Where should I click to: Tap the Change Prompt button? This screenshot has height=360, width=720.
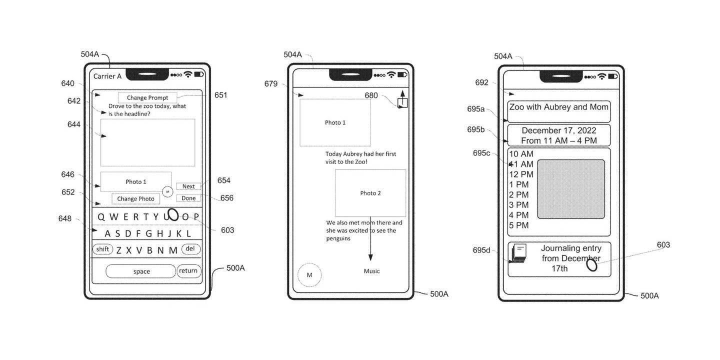pyautogui.click(x=147, y=97)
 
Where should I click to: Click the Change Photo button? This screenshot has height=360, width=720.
pyautogui.click(x=135, y=198)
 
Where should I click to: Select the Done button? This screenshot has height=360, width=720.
pyautogui.click(x=188, y=198)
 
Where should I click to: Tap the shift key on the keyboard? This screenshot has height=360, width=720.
pyautogui.click(x=102, y=249)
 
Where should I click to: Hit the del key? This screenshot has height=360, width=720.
pyautogui.click(x=190, y=248)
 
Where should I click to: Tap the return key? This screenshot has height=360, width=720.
pyautogui.click(x=188, y=271)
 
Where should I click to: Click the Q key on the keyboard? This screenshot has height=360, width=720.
pyautogui.click(x=101, y=217)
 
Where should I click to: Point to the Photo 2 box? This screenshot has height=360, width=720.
pyautogui.click(x=370, y=193)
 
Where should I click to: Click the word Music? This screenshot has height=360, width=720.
pyautogui.click(x=371, y=271)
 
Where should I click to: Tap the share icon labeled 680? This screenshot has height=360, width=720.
pyautogui.click(x=402, y=102)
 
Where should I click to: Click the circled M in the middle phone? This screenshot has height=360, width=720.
pyautogui.click(x=309, y=275)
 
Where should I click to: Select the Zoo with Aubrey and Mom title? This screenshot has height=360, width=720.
pyautogui.click(x=558, y=107)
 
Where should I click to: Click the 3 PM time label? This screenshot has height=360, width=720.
pyautogui.click(x=518, y=205)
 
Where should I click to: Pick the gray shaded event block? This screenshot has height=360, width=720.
pyautogui.click(x=570, y=189)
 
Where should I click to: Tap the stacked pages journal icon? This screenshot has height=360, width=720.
pyautogui.click(x=518, y=253)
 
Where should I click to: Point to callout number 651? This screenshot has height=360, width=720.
pyautogui.click(x=220, y=95)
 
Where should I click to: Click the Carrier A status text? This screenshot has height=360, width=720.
pyautogui.click(x=107, y=76)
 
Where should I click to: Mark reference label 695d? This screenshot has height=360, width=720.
pyautogui.click(x=482, y=250)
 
